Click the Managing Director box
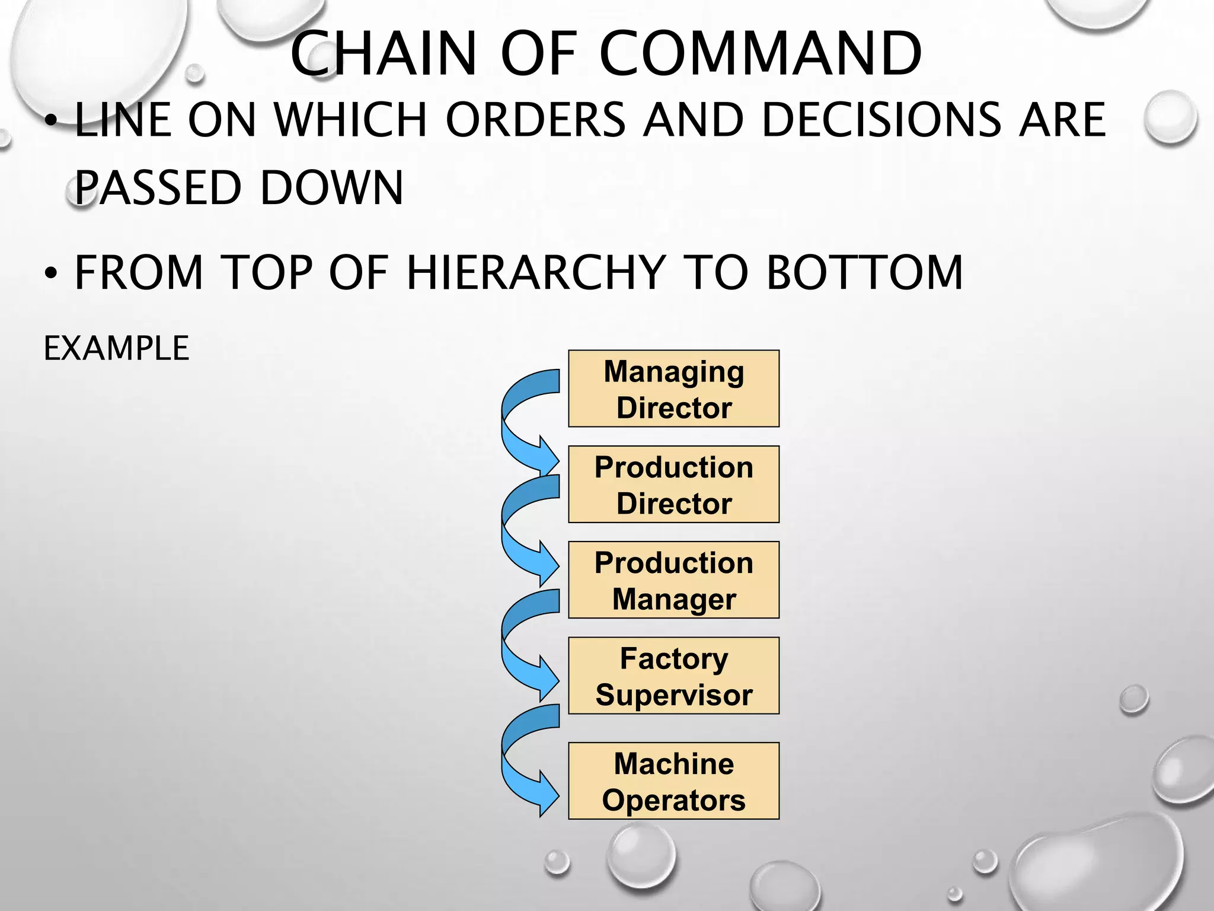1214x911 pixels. [x=673, y=388]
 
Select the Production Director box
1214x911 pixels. [x=673, y=484]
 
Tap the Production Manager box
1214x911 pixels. [x=673, y=579]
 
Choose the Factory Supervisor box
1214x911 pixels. [x=673, y=676]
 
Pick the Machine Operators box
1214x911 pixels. [x=673, y=781]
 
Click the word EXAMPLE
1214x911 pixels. [x=116, y=348]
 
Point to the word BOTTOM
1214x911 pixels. [x=865, y=272]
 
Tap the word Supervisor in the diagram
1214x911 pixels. [x=674, y=695]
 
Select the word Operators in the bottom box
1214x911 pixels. [x=673, y=800]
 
